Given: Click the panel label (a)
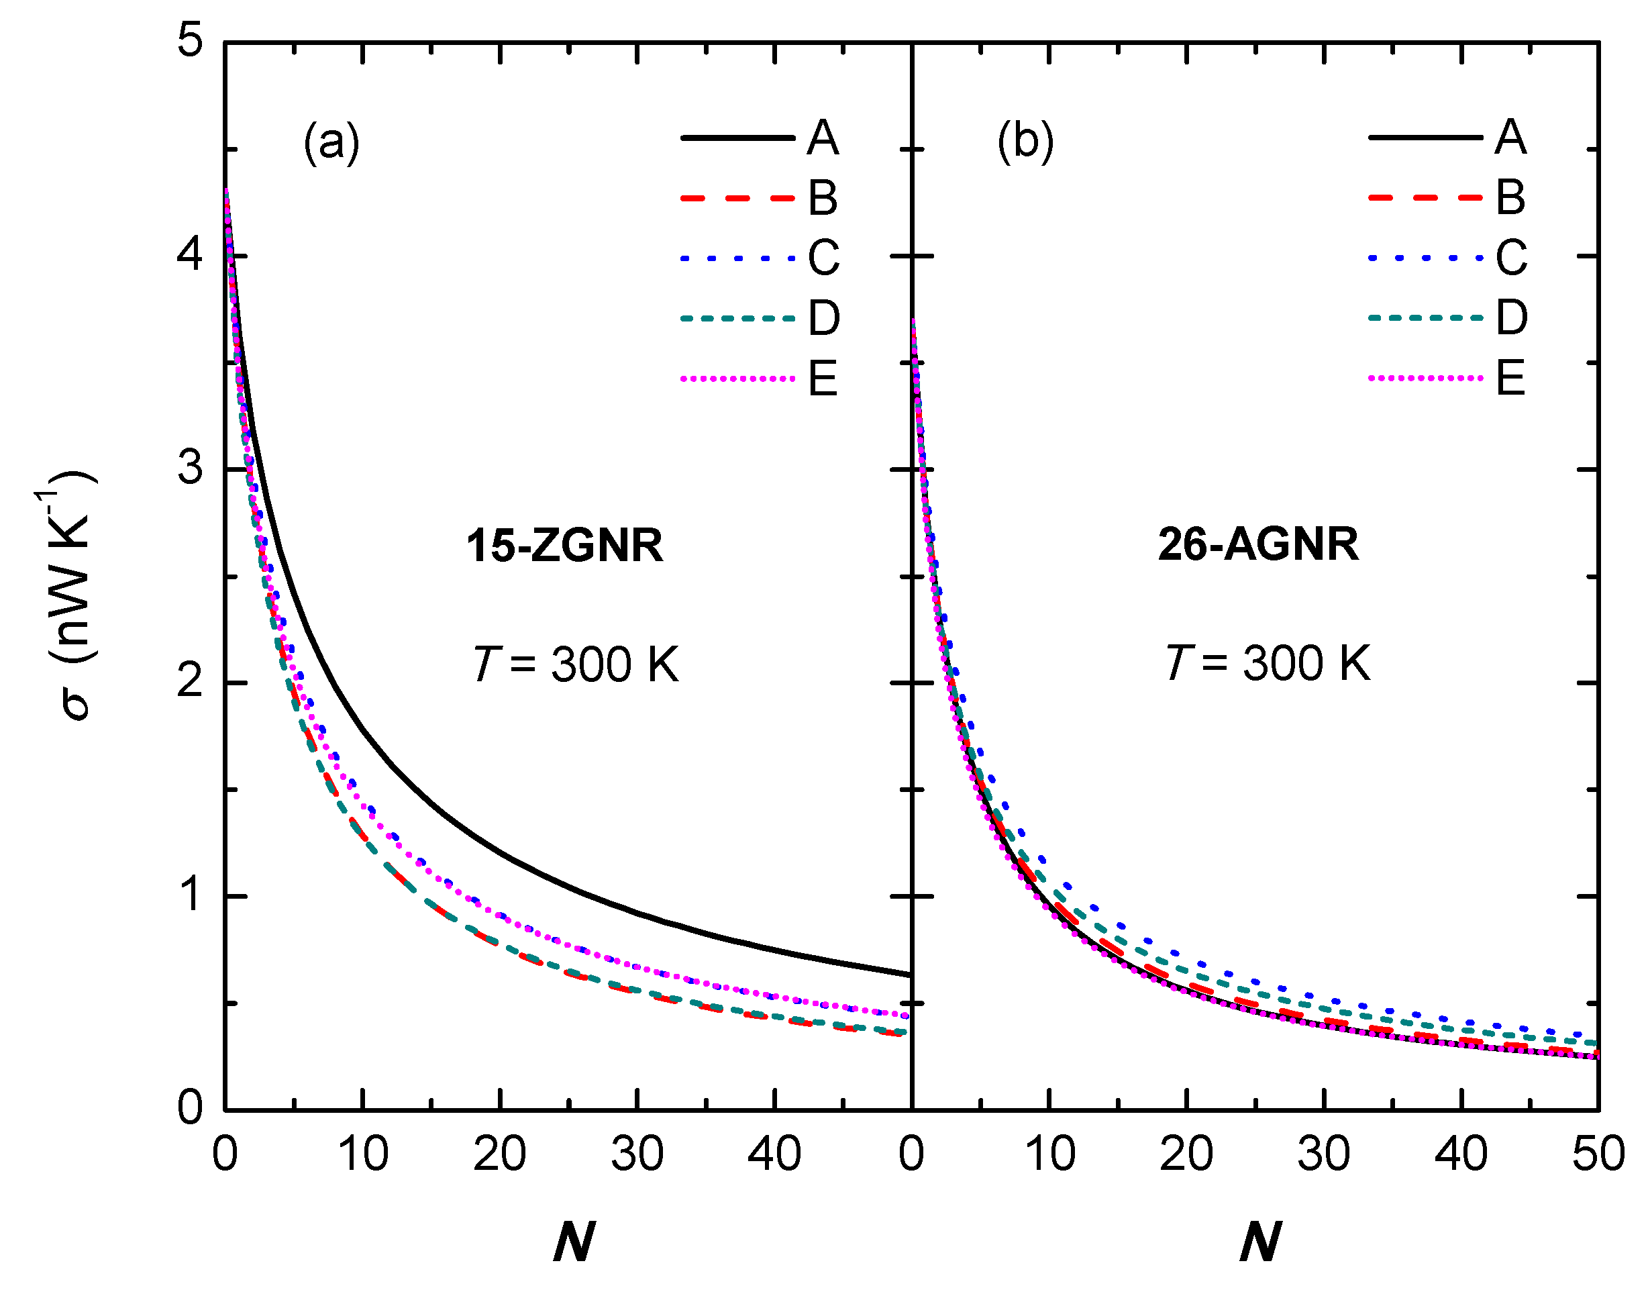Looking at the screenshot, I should point(331,141).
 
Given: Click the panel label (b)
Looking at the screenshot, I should point(1025,141).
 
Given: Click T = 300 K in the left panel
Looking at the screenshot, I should point(575,664).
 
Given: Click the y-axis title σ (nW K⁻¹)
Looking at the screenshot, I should point(68,597).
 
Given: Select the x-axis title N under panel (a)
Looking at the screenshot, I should point(574,1242).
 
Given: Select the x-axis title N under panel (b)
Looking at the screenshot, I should point(1260,1242).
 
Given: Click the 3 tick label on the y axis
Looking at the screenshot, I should point(191,468).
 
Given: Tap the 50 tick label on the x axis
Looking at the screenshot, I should point(1598,1154).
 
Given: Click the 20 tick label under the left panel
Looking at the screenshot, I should point(499,1154).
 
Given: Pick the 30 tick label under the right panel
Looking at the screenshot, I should point(1323,1154).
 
